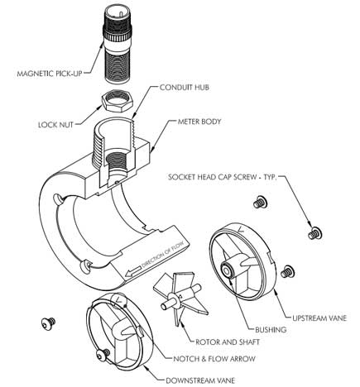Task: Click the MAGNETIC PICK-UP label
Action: (x=50, y=74)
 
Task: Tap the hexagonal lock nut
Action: (x=118, y=101)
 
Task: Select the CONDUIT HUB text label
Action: (x=185, y=88)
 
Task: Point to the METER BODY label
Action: (x=199, y=122)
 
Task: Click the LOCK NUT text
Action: (x=55, y=125)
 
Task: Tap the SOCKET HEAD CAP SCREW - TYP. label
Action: (x=223, y=177)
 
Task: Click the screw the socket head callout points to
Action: (x=314, y=233)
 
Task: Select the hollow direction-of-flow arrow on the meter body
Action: (x=132, y=271)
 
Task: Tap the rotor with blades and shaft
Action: (x=180, y=299)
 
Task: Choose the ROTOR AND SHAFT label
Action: (x=228, y=342)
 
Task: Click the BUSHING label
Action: (x=271, y=329)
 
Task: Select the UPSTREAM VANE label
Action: (x=319, y=318)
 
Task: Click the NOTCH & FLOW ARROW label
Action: (x=214, y=359)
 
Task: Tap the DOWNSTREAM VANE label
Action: (x=200, y=380)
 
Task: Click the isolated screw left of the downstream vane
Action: (x=48, y=322)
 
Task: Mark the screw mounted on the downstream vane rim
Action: (x=103, y=355)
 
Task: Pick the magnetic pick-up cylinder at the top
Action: (x=118, y=45)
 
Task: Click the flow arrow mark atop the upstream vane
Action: (x=241, y=229)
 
